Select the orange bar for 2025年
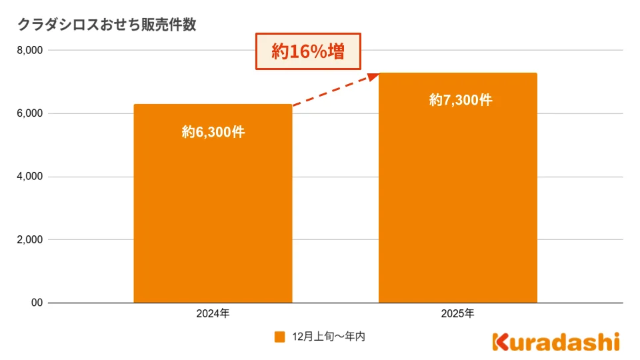coord(457,200)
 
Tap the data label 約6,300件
coord(213,132)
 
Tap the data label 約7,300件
coord(461,100)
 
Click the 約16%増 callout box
coord(308,51)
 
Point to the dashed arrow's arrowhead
coord(373,76)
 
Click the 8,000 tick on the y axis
coord(29,50)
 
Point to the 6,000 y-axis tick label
coord(29,113)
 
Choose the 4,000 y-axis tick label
coord(29,177)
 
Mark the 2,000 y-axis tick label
coord(29,240)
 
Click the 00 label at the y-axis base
coord(37,303)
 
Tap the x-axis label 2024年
coord(213,313)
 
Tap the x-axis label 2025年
coord(458,313)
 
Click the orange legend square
coord(280,337)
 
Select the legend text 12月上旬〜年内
coord(329,337)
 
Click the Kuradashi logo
coord(556,341)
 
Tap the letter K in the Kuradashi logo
coord(500,341)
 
